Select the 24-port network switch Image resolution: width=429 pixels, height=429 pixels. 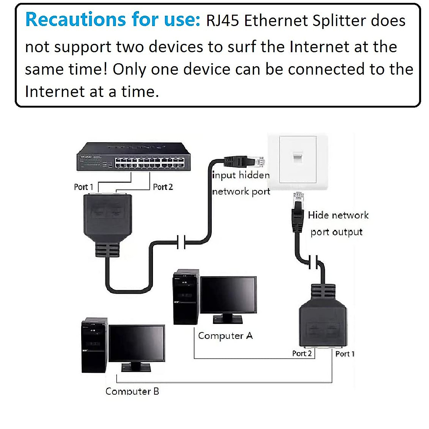[134, 157]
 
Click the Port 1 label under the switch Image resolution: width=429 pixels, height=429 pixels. [83, 187]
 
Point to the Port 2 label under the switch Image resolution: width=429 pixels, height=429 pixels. [163, 187]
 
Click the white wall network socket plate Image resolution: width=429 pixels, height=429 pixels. [298, 161]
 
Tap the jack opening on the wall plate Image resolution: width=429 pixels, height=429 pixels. [297, 157]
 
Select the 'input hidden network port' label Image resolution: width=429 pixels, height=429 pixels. [241, 183]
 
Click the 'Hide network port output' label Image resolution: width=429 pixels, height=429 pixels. [337, 223]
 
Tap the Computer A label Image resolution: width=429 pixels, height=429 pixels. [225, 336]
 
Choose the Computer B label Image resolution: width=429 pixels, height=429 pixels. [132, 391]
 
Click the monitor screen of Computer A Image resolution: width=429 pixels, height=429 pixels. [228, 295]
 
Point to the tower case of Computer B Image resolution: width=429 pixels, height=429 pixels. [94, 345]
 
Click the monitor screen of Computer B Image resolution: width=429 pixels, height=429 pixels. [137, 343]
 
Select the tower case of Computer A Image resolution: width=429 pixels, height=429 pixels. [185, 297]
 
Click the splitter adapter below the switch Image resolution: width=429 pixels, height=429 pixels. [108, 218]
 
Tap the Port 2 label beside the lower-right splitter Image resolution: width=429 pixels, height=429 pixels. [302, 354]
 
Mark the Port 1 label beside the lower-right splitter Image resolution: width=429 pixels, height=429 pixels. [345, 354]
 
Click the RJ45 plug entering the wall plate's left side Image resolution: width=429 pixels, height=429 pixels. [243, 162]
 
